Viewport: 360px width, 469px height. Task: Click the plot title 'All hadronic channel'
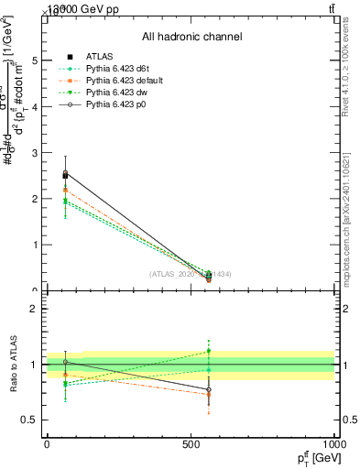(191, 37)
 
